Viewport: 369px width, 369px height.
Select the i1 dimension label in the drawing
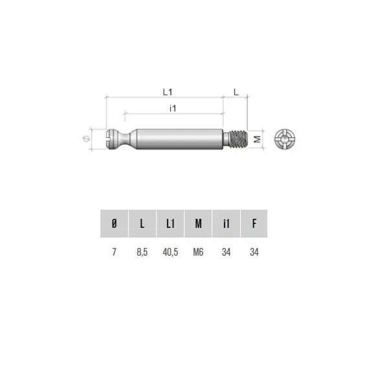[173, 108]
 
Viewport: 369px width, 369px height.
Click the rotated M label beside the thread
[257, 139]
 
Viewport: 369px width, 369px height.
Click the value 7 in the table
[115, 252]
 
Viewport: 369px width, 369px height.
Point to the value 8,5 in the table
[142, 252]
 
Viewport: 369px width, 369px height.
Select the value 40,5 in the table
[170, 252]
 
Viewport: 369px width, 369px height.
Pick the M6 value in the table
[198, 252]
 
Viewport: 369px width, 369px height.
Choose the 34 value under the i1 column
[226, 252]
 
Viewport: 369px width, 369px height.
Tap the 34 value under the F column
[254, 252]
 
